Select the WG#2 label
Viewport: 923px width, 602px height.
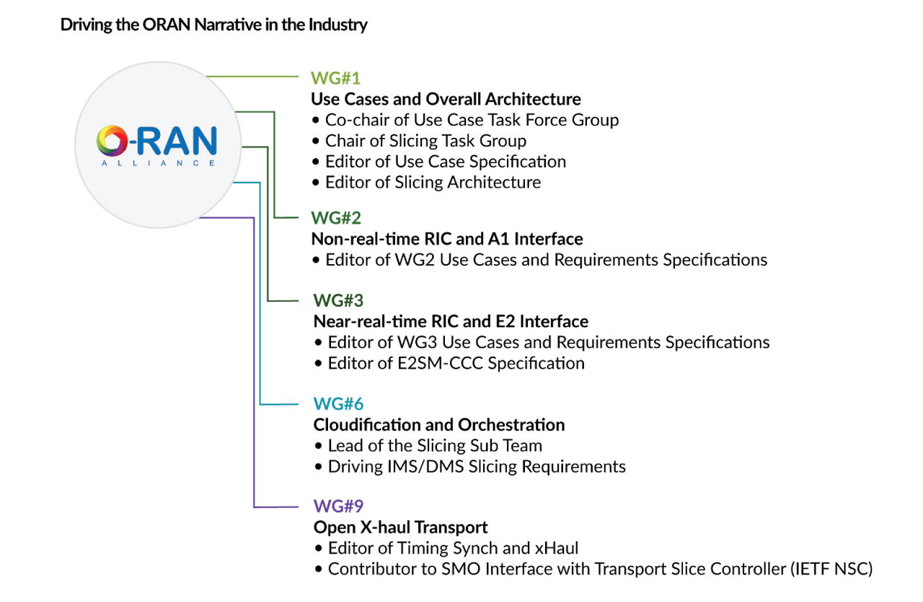click(x=336, y=217)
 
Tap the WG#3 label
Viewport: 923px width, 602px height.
click(x=338, y=300)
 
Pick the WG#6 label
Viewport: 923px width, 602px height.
click(x=338, y=403)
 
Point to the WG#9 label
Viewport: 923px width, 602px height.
click(x=338, y=506)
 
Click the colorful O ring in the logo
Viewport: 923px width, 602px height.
click(x=112, y=141)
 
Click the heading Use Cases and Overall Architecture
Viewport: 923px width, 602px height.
click(x=446, y=99)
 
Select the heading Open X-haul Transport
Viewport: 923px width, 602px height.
click(x=401, y=527)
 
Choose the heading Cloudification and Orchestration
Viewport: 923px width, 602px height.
click(x=439, y=424)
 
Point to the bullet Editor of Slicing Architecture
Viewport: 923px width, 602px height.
click(x=433, y=182)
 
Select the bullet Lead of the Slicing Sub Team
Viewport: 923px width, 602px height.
click(x=435, y=445)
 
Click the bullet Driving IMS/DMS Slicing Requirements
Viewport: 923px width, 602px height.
click(x=477, y=466)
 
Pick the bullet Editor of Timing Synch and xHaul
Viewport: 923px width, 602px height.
click(x=453, y=548)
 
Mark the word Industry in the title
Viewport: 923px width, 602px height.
click(x=340, y=25)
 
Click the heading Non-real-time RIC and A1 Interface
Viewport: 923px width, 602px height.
click(x=447, y=238)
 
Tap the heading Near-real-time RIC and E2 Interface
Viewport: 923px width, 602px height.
click(x=451, y=320)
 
